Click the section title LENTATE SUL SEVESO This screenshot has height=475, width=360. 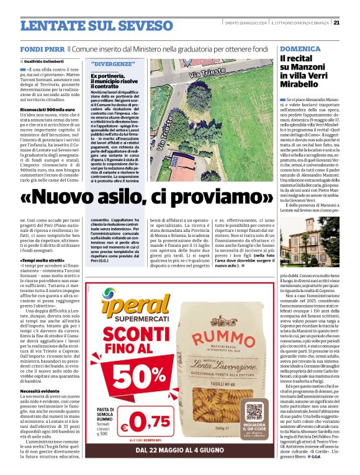88,25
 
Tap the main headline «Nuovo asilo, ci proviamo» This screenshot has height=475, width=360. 146,197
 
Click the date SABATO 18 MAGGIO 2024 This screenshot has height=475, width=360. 245,22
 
